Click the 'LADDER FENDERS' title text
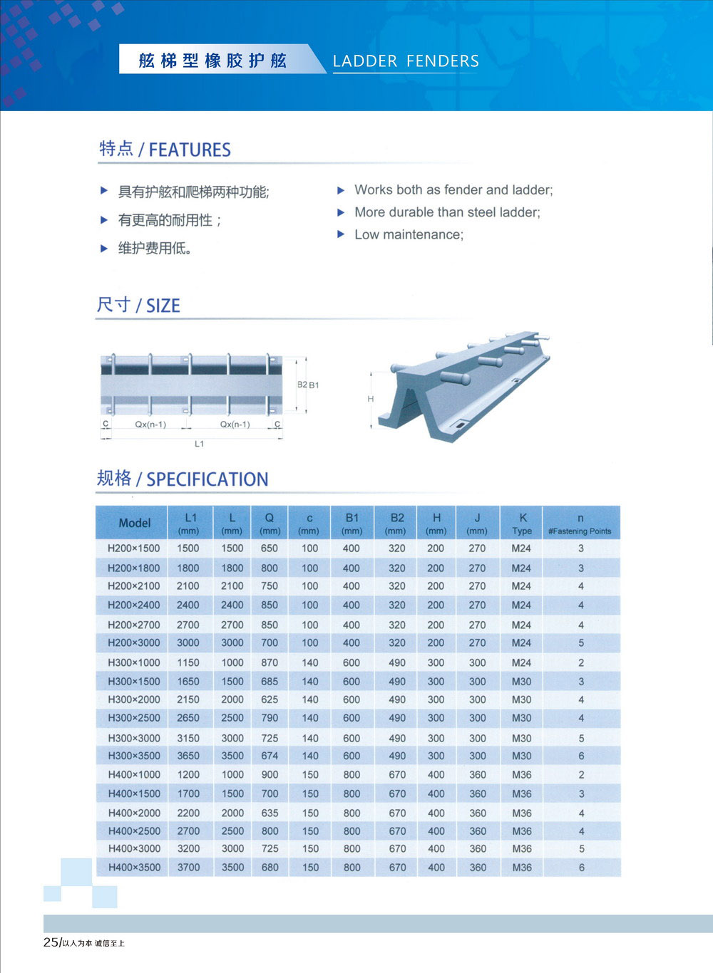(406, 61)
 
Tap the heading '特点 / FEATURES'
(165, 149)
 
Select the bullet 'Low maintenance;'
(409, 234)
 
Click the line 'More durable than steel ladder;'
(447, 212)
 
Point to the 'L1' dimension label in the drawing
(199, 444)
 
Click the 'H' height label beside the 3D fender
(370, 399)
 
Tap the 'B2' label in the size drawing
(302, 385)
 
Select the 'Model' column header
(134, 523)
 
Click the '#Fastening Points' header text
(580, 531)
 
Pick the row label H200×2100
(133, 586)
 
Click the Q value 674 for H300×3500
(270, 756)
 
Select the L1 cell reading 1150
(188, 662)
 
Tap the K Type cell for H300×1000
(521, 662)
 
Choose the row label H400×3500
(134, 868)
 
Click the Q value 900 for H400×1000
(270, 775)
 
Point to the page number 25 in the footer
(51, 942)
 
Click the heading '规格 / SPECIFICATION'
(183, 479)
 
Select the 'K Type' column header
(522, 524)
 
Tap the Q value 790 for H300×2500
(270, 718)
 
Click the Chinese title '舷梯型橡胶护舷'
(212, 61)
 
